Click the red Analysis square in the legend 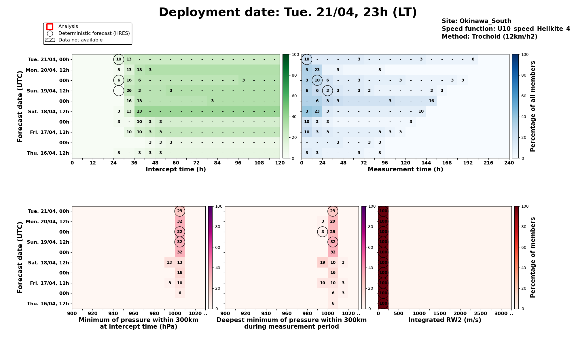point(50,27)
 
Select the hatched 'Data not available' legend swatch point(50,40)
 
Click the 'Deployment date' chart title point(288,12)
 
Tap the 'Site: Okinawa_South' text point(476,21)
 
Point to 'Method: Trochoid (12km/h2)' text point(489,37)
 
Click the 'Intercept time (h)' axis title point(176,169)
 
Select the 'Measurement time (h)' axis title point(405,169)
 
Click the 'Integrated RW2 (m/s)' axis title point(445,320)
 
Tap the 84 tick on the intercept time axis point(217,163)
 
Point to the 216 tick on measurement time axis point(488,163)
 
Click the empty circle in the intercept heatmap point(119,91)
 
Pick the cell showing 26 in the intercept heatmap point(129,91)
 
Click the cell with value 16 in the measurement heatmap point(431,101)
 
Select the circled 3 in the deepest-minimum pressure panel point(323,232)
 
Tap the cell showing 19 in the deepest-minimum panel point(323,263)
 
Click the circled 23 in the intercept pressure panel point(180,211)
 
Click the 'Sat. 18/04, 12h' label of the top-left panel point(48,111)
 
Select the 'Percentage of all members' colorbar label point(533,106)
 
